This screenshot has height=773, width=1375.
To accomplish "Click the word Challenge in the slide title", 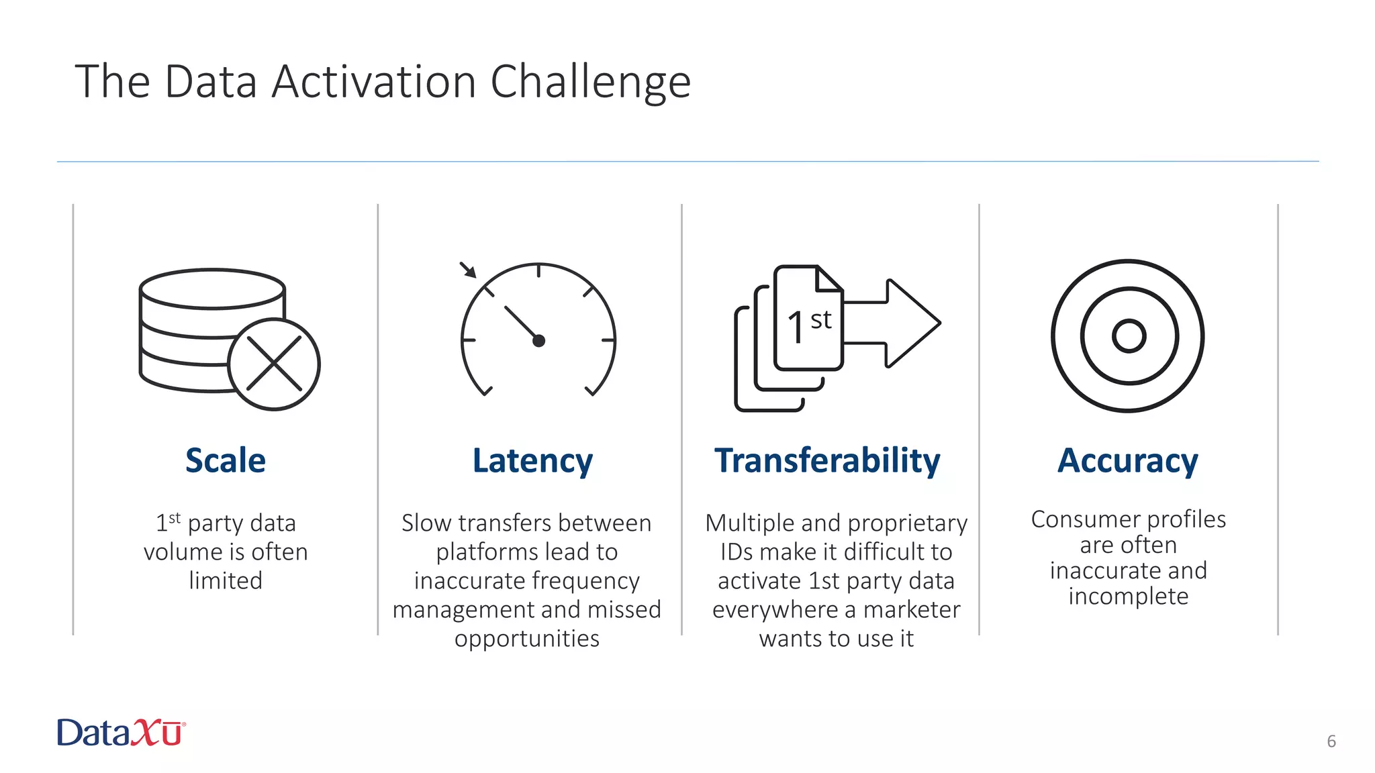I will coord(590,83).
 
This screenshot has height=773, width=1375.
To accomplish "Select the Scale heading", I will coord(226,461).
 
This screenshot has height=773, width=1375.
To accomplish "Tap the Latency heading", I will coord(532,461).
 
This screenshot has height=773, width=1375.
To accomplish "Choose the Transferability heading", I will coord(827,461).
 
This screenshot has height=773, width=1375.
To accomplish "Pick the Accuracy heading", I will coord(1128,461).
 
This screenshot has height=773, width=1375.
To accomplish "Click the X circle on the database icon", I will coord(274,364).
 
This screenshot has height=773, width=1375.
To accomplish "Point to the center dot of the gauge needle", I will coord(538,341).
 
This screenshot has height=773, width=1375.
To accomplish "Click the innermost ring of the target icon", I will coord(1129,336).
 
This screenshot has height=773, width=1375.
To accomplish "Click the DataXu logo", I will coord(121,733).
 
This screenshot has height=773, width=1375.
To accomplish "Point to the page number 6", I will coord(1331,741).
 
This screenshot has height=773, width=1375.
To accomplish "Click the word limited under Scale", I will coord(226,580).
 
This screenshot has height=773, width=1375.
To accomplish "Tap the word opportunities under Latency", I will coord(527,639).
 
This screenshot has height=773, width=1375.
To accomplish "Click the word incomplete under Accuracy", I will coord(1128,597).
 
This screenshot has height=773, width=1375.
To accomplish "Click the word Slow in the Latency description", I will coord(426,523).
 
